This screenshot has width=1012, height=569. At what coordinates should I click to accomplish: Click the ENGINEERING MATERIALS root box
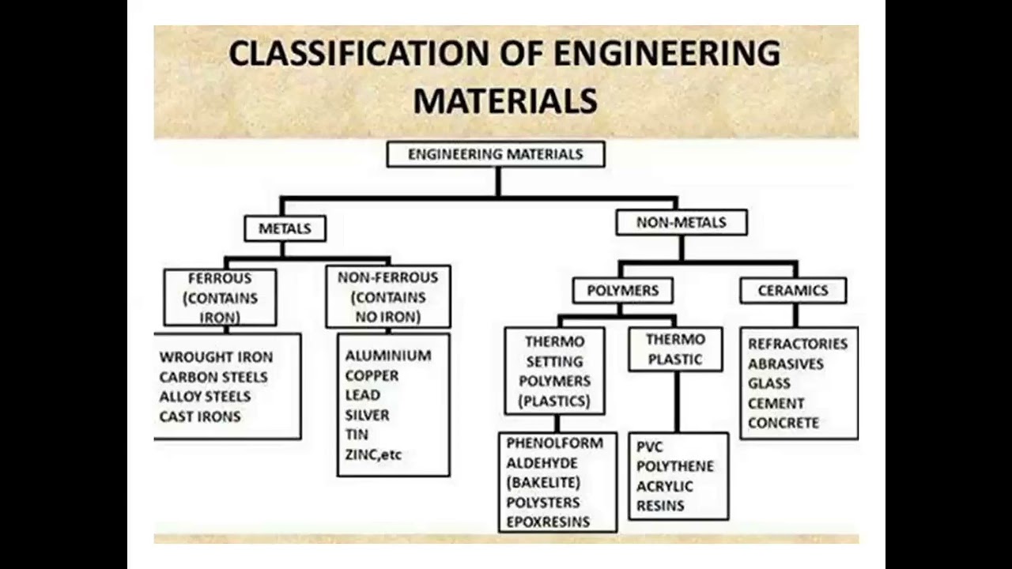pos(496,154)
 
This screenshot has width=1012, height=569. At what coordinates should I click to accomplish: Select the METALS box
pos(285,228)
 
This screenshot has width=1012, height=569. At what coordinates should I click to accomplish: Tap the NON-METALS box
pos(681,222)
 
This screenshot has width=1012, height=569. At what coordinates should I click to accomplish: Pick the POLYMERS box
pos(622,290)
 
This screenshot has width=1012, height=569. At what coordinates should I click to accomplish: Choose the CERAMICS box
pos(793,290)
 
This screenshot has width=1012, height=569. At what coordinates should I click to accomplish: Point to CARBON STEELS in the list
pos(213,377)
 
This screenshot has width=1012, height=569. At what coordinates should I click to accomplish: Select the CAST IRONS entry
pos(200,416)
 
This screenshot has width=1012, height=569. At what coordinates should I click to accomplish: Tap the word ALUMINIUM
pos(388,356)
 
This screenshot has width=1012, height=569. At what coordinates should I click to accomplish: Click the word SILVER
pos(367,415)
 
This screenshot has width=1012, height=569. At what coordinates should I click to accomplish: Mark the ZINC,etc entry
pos(373,454)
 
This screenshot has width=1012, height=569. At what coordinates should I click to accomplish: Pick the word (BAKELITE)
pos(543,482)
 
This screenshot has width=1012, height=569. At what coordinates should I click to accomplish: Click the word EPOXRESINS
pos(548,522)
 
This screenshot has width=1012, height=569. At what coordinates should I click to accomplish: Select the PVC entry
pos(650,447)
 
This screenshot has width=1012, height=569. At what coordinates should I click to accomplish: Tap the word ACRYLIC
pos(664,486)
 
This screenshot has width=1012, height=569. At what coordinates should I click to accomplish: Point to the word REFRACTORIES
pos(798,344)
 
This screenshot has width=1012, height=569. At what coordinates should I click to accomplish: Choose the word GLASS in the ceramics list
pos(769,383)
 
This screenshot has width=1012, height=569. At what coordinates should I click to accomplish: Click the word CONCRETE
pos(784,423)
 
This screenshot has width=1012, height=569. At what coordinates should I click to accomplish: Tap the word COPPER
pos(372,375)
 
